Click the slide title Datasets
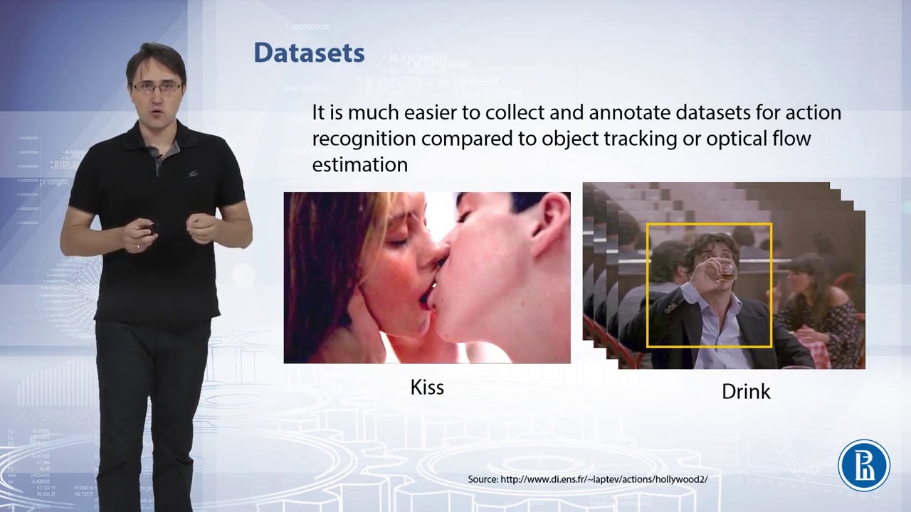[x=309, y=53]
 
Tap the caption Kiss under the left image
[x=427, y=388]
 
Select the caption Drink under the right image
[x=746, y=391]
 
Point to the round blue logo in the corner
[x=864, y=466]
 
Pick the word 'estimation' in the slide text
[x=359, y=165]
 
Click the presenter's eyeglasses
[x=157, y=88]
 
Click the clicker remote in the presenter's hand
[x=151, y=228]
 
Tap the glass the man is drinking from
[x=726, y=271]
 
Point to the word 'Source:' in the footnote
[x=483, y=479]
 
